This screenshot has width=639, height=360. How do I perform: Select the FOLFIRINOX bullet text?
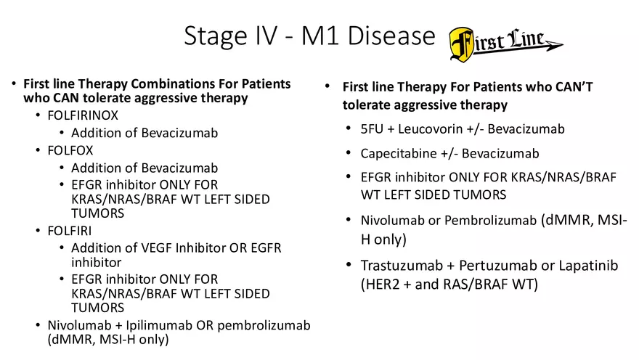(82, 115)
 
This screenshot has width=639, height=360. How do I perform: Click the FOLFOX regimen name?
(71, 151)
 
